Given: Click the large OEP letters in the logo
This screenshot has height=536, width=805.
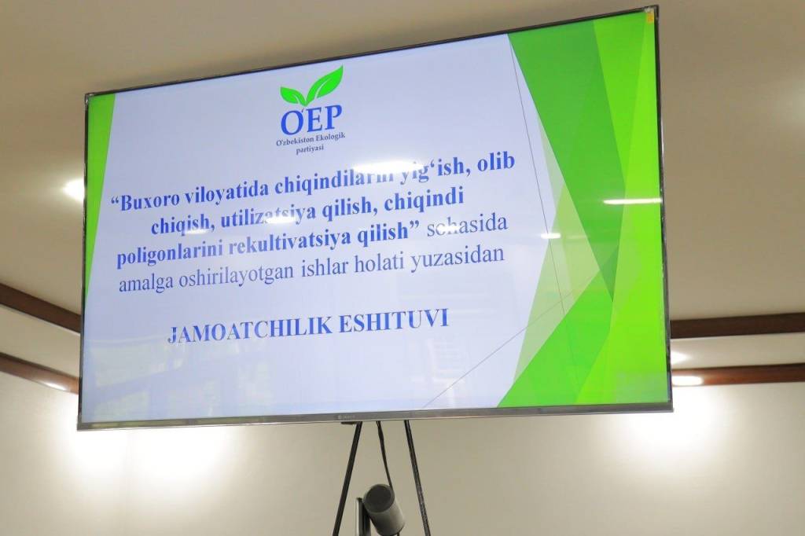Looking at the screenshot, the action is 311,120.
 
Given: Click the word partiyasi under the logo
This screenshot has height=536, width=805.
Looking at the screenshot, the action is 311,149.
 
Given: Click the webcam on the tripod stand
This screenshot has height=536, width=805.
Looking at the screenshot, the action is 382,506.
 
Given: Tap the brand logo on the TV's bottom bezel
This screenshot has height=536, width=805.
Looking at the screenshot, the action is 347,421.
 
